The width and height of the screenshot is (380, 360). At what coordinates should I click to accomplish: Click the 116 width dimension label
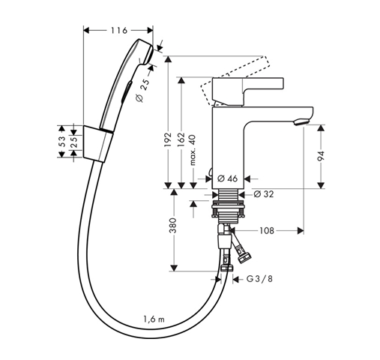click(119, 30)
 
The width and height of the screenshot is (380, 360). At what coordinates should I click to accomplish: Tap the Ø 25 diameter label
click(143, 90)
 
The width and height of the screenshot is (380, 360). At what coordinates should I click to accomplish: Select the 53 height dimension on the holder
click(62, 142)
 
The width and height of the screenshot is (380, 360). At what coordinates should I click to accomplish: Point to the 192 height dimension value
click(169, 139)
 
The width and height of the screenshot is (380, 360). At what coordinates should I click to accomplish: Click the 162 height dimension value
click(181, 139)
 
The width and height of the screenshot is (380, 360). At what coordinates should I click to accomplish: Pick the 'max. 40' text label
click(193, 150)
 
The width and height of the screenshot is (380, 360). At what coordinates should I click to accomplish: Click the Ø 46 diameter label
click(227, 178)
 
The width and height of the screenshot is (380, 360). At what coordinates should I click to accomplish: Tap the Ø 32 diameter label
click(264, 194)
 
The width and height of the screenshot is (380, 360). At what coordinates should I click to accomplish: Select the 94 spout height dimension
click(321, 156)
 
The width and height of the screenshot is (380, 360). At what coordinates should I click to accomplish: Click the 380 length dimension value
click(173, 225)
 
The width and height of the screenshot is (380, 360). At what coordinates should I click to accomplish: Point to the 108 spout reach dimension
click(267, 230)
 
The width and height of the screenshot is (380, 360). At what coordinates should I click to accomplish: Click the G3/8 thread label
click(259, 278)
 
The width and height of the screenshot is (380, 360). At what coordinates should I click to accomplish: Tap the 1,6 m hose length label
click(154, 319)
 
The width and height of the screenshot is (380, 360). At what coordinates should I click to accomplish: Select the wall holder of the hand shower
click(98, 144)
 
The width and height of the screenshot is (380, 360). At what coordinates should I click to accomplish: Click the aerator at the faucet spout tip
click(302, 122)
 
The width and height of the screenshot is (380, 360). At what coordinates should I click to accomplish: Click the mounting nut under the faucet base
click(228, 210)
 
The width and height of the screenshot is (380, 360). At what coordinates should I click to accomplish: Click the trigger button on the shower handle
click(126, 91)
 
